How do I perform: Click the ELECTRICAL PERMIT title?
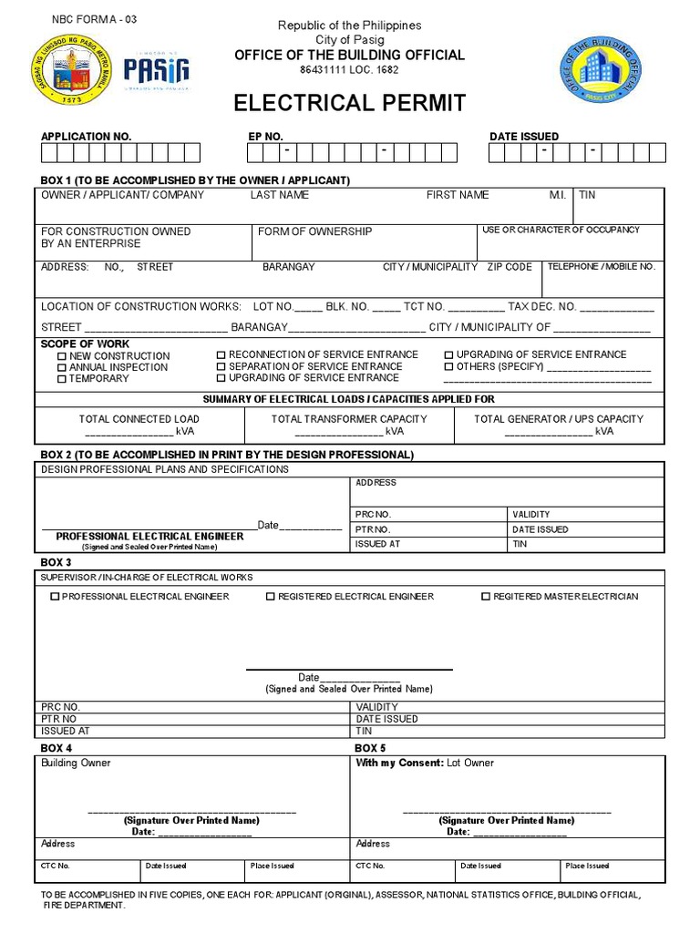pyautogui.click(x=350, y=103)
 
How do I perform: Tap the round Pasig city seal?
pyautogui.click(x=69, y=68)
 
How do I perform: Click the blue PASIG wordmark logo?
pyautogui.click(x=156, y=69)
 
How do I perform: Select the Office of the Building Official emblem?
pyautogui.click(x=601, y=69)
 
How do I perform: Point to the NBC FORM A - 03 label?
pyautogui.click(x=95, y=19)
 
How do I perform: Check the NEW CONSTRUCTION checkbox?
pyautogui.click(x=62, y=356)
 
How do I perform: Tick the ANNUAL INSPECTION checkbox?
pyautogui.click(x=62, y=367)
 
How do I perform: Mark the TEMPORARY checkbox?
pyautogui.click(x=62, y=379)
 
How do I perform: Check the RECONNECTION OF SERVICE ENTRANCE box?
pyautogui.click(x=221, y=354)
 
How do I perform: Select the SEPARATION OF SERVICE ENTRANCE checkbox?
pyautogui.click(x=221, y=366)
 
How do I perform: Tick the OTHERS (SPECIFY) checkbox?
pyautogui.click(x=448, y=366)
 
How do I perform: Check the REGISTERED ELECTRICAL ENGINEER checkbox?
pyautogui.click(x=271, y=597)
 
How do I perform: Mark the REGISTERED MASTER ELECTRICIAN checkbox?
pyautogui.click(x=486, y=597)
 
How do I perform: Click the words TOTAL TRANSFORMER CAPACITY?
pyautogui.click(x=349, y=419)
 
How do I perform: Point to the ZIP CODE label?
pyautogui.click(x=510, y=267)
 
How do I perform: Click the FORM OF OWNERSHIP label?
pyautogui.click(x=314, y=231)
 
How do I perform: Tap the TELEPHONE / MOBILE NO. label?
pyautogui.click(x=601, y=267)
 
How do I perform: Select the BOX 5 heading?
pyautogui.click(x=370, y=748)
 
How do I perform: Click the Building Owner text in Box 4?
pyautogui.click(x=76, y=763)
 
